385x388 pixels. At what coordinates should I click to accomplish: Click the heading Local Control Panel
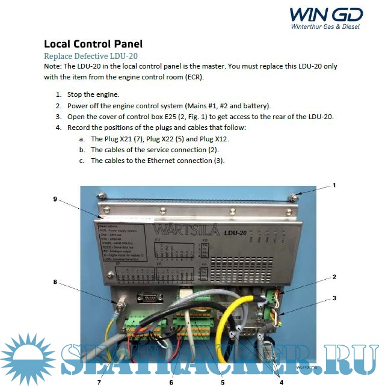tap(93, 44)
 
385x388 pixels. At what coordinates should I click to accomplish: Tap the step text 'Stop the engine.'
tap(93, 94)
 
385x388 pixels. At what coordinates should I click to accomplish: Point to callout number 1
tap(334, 185)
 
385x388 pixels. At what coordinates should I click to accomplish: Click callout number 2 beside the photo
tap(334, 277)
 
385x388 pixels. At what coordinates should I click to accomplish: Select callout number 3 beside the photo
tap(334, 298)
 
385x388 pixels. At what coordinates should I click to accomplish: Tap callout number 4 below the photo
tap(281, 381)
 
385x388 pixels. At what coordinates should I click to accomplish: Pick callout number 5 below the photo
tap(222, 381)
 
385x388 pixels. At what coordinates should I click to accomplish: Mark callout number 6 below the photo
tap(171, 381)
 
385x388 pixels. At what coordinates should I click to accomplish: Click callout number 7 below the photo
tap(99, 381)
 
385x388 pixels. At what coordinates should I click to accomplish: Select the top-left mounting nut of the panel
tap(100, 194)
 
